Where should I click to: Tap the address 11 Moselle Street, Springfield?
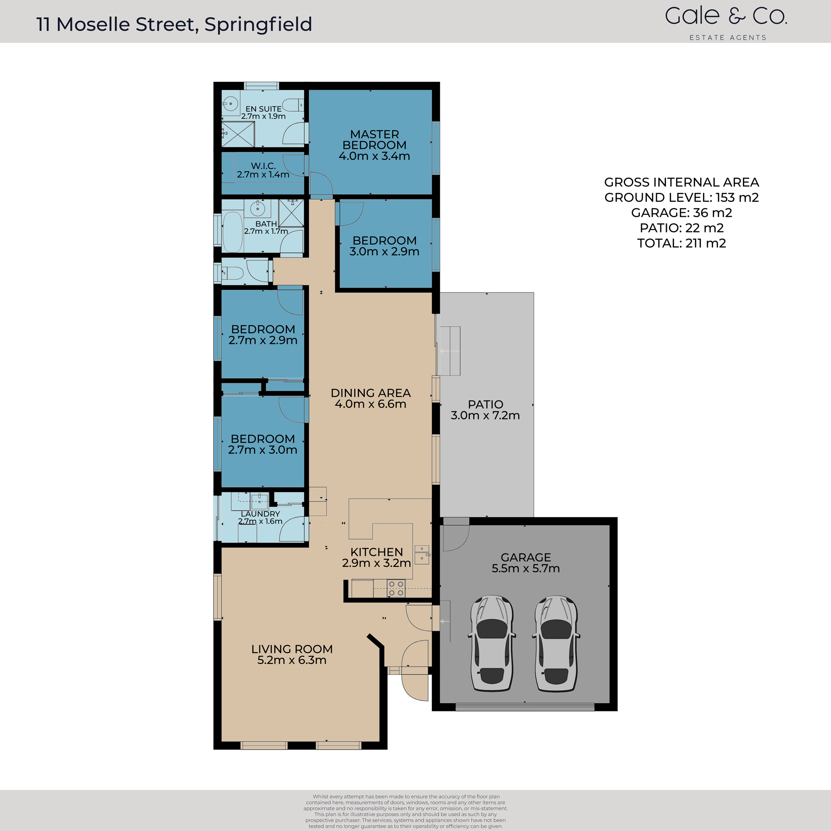coord(174,25)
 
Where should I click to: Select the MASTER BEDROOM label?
coord(374,139)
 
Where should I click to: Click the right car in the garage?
coord(556,644)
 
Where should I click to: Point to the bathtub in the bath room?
coord(232,232)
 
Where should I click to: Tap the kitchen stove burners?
coord(396,588)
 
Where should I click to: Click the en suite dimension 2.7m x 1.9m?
coord(263,117)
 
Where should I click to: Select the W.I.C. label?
coord(263,166)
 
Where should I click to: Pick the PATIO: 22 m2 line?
coord(681,228)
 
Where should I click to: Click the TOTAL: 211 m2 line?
coord(681,243)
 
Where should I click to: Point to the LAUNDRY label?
coord(260,514)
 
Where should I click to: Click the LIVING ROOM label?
coord(292,649)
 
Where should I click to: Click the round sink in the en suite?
coord(231,103)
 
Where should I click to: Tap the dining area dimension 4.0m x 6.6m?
coord(370,404)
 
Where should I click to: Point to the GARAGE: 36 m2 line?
coord(681,213)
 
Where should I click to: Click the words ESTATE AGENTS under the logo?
coord(728,38)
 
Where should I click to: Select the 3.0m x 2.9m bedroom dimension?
coord(384,252)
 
